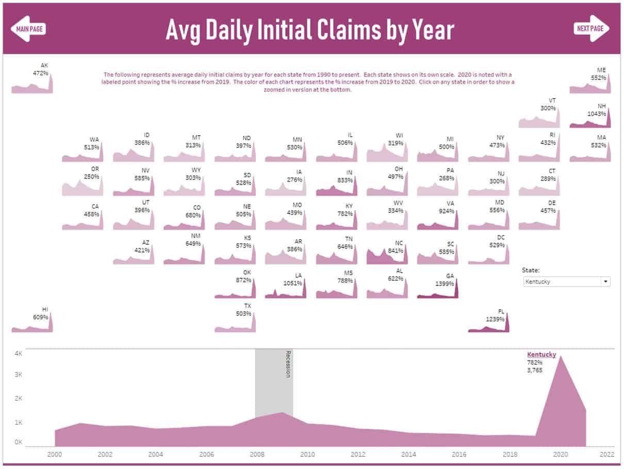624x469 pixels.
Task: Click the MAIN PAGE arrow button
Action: tap(29, 28)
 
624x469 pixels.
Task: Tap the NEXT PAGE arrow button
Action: tap(591, 28)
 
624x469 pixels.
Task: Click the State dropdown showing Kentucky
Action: tap(566, 281)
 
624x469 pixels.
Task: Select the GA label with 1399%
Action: tap(450, 276)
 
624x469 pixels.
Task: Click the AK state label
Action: tap(44, 65)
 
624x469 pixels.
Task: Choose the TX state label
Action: tap(248, 306)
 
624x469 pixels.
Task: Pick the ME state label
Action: tap(601, 70)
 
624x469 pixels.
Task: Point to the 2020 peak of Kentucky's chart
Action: tap(560, 356)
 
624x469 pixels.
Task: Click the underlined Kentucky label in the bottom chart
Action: tap(541, 355)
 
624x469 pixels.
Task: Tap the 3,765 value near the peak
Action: tap(535, 370)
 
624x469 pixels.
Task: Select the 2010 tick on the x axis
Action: tap(307, 455)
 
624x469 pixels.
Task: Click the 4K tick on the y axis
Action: tap(18, 354)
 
